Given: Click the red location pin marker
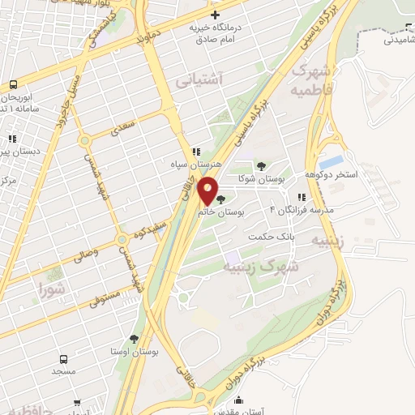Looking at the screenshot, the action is click(208, 190).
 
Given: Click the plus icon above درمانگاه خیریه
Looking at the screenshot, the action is click(215, 15).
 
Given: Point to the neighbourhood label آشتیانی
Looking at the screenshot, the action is click(198, 79).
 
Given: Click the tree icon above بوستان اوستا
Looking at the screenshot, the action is click(133, 340).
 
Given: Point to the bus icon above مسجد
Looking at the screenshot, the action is click(64, 359).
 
